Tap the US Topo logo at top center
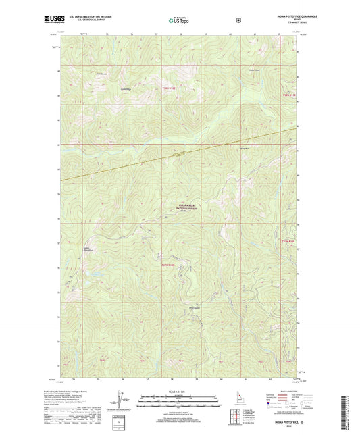(x=180, y=20)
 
